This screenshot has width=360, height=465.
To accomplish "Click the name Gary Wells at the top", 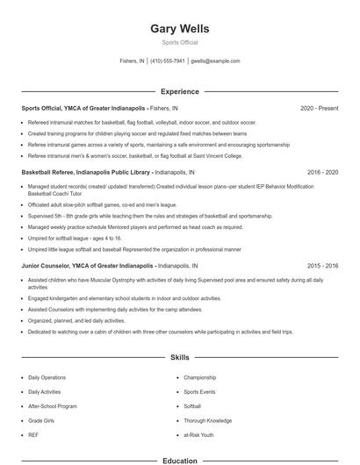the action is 180,28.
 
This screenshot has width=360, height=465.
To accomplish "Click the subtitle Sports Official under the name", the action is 180,42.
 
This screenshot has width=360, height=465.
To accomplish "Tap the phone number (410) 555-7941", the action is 167,61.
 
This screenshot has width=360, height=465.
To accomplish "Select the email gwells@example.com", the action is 215,61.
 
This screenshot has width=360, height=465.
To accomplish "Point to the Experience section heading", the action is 180,90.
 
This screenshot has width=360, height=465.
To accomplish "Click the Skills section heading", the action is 180,358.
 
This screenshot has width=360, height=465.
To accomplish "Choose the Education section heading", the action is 180,460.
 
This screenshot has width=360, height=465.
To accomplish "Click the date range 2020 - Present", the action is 319,108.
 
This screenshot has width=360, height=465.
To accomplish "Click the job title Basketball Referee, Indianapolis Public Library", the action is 87,172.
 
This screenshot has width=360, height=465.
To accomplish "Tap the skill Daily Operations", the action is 47,377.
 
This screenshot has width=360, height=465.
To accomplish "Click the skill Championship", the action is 199,377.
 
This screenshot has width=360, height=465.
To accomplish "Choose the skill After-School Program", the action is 53,405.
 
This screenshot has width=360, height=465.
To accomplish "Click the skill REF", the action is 33,433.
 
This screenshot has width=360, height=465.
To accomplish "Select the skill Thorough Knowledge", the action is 207,419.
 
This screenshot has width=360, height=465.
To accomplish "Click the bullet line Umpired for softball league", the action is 75,238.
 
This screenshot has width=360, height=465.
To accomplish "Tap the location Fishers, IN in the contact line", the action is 133,61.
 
